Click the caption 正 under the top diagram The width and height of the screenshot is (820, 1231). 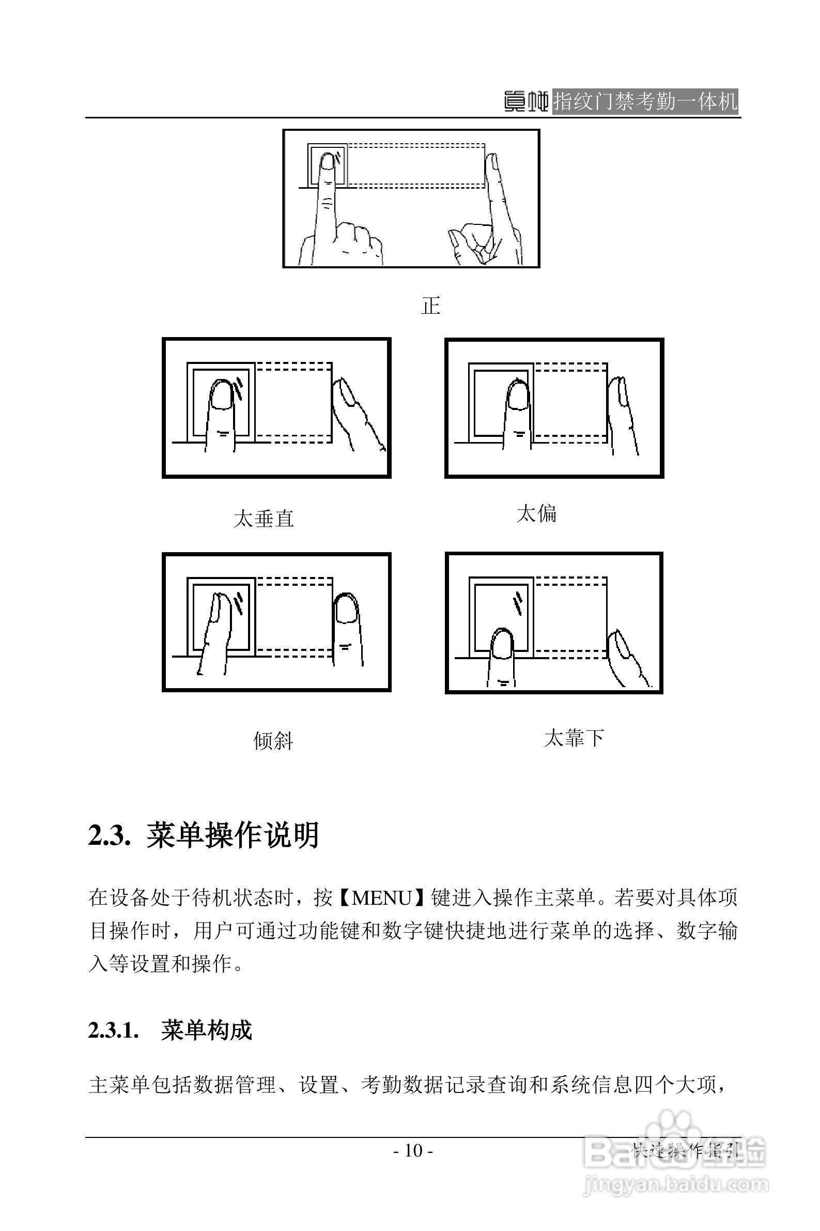click(x=430, y=306)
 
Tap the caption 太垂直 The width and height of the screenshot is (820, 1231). click(x=264, y=519)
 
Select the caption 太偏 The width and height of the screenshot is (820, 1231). click(x=536, y=513)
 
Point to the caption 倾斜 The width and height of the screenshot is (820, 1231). click(x=273, y=741)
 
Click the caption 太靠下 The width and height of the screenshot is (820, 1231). click(x=574, y=738)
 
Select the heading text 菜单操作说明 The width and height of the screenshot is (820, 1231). click(x=233, y=835)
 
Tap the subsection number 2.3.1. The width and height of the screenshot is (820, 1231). click(x=114, y=1030)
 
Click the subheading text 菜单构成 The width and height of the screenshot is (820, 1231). click(x=207, y=1030)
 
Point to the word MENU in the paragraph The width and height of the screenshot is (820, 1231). click(x=382, y=898)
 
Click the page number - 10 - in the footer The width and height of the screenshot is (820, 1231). click(x=413, y=1150)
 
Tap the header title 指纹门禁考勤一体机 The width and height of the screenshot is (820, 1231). click(x=645, y=101)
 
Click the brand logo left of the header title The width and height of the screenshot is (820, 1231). click(x=526, y=101)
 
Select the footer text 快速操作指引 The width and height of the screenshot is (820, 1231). click(x=685, y=1150)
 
